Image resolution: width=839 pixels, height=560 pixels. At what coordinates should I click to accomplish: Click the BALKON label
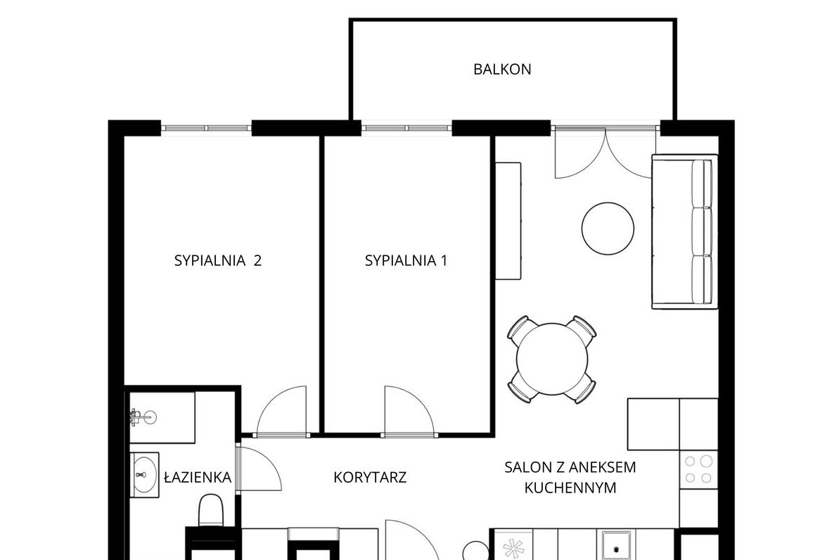pyautogui.click(x=501, y=70)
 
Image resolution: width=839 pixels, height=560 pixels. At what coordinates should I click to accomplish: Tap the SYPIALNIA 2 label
pyautogui.click(x=218, y=261)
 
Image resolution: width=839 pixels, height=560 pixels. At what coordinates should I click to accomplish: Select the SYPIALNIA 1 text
pyautogui.click(x=406, y=261)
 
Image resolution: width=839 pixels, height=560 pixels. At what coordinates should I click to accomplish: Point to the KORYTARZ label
pyautogui.click(x=370, y=478)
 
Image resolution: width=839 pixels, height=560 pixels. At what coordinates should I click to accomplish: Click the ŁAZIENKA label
pyautogui.click(x=197, y=478)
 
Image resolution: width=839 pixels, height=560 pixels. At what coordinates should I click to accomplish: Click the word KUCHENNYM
pyautogui.click(x=570, y=488)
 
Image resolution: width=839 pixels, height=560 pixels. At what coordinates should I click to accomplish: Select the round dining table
pyautogui.click(x=552, y=359)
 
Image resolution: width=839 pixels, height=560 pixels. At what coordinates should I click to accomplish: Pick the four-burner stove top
pyautogui.click(x=698, y=469)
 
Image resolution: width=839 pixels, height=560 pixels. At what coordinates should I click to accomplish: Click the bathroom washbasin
pyautogui.click(x=145, y=475)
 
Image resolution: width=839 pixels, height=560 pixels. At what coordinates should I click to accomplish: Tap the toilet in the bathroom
pyautogui.click(x=210, y=510)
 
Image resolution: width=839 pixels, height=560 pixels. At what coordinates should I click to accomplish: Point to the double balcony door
pyautogui.click(x=606, y=151)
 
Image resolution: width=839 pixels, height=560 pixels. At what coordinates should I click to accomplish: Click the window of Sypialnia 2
pyautogui.click(x=206, y=129)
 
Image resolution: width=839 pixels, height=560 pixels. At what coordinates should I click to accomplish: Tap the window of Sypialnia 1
pyautogui.click(x=406, y=129)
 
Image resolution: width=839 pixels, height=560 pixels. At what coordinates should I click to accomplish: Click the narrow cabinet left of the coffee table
pyautogui.click(x=507, y=221)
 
